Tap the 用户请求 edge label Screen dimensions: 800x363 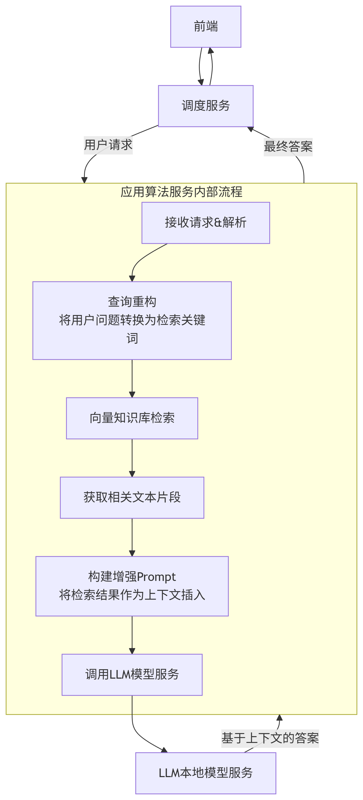(108, 145)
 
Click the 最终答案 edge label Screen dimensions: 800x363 (288, 147)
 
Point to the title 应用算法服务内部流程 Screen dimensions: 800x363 (181, 192)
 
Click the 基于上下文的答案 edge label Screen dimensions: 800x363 (270, 738)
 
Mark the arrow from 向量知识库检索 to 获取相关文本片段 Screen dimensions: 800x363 (132, 458)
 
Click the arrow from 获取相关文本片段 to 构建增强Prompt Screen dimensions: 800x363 (132, 537)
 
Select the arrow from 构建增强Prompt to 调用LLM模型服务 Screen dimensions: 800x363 (132, 635)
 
